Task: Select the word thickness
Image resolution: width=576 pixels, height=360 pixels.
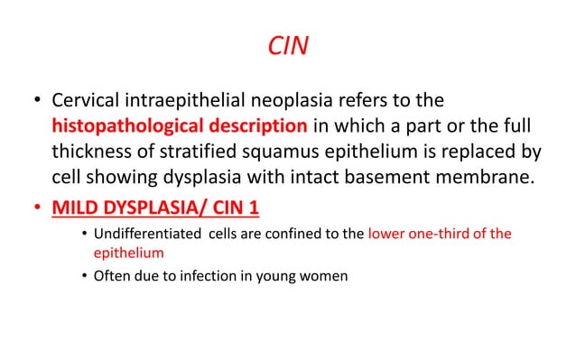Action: click(93, 150)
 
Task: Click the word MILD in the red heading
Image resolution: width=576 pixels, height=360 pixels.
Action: click(76, 208)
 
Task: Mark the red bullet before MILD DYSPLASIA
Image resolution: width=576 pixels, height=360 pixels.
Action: click(38, 208)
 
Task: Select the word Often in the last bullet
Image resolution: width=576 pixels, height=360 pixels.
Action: click(111, 276)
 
